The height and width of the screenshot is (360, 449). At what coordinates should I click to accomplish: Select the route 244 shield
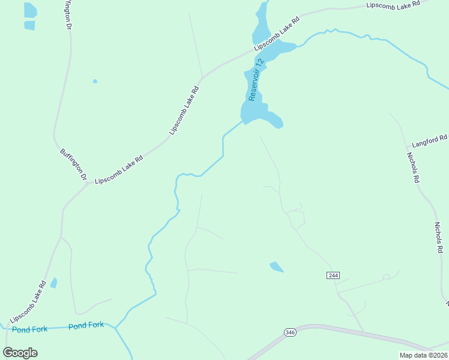(334, 275)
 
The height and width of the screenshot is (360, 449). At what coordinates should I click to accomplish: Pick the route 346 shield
(290, 332)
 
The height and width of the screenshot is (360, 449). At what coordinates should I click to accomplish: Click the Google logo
(20, 352)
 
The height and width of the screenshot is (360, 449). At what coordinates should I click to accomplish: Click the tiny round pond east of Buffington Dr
(95, 81)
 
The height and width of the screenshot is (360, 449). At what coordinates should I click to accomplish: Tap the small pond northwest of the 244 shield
(277, 266)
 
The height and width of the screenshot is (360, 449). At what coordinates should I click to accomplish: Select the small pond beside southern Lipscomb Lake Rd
(53, 283)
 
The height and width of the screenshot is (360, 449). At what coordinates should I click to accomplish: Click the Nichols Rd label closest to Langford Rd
(412, 167)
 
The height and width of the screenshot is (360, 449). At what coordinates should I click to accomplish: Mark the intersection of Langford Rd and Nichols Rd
(406, 147)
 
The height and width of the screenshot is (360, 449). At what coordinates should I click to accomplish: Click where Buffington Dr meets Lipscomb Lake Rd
(89, 182)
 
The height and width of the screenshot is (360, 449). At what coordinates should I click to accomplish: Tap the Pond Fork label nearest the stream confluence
(86, 326)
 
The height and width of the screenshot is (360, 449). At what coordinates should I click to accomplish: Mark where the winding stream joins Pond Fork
(115, 327)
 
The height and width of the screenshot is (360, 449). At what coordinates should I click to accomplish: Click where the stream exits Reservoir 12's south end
(244, 121)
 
